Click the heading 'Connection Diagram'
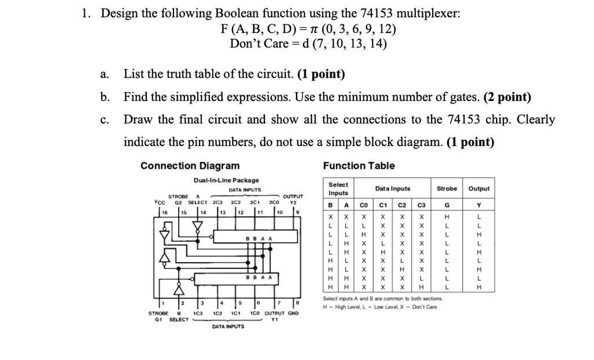coord(190,166)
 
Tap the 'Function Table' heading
coord(359,166)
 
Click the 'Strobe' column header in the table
coord(447,188)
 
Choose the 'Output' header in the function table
coord(479,188)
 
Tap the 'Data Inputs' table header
coord(393,188)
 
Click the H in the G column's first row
coord(447,214)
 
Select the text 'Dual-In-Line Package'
coord(226,180)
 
